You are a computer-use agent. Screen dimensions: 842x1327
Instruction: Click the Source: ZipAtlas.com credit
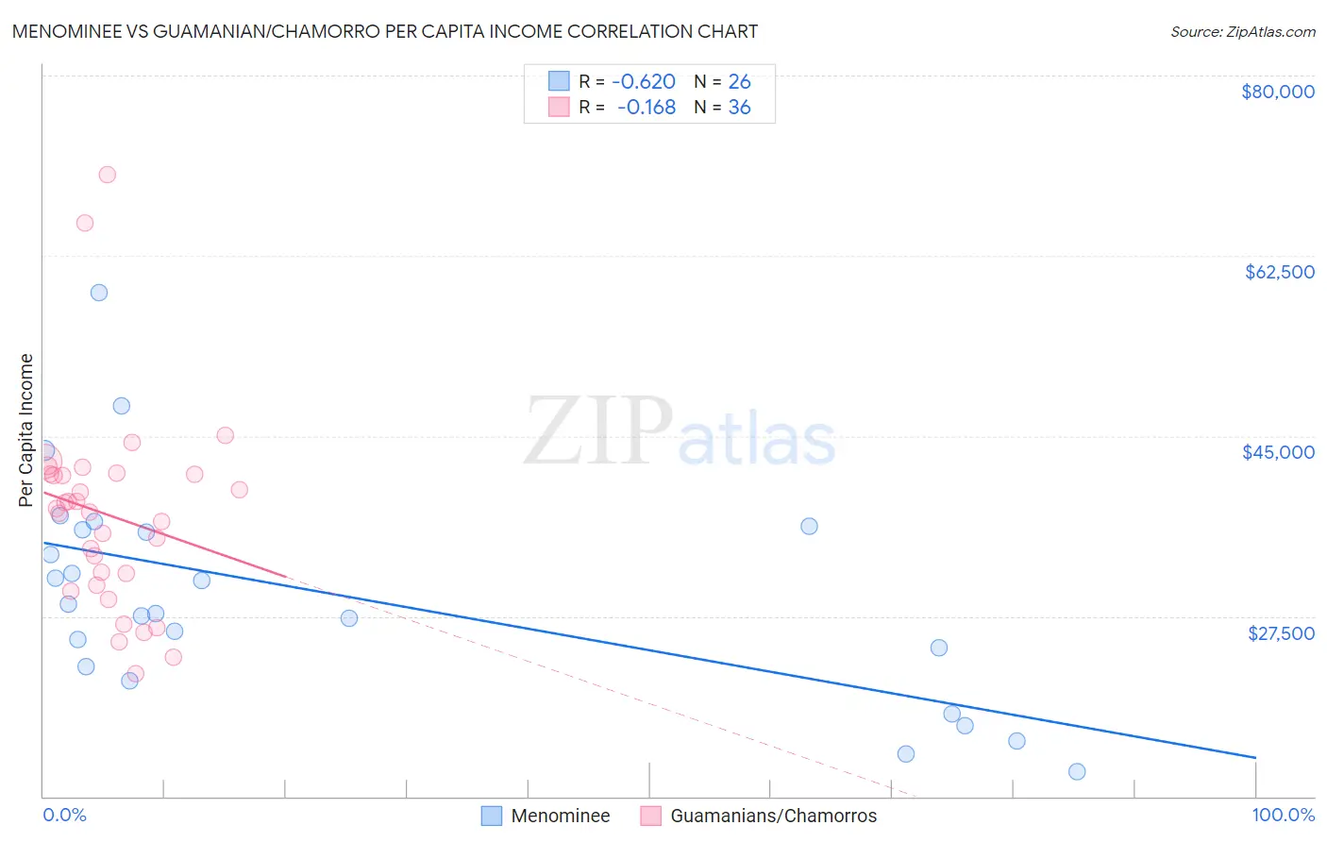[1242, 32]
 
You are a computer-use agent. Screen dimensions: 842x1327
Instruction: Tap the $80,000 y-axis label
[1277, 92]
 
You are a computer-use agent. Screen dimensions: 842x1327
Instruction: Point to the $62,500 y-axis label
[1279, 272]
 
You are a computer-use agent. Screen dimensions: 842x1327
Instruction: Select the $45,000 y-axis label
[1278, 452]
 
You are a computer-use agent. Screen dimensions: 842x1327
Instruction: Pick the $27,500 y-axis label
[1281, 632]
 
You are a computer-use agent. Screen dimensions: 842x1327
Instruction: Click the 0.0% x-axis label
[64, 815]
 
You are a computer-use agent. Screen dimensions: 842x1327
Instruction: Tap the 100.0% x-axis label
[1283, 815]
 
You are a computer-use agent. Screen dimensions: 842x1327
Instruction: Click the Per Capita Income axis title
[26, 429]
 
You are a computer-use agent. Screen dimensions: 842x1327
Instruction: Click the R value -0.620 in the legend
[644, 82]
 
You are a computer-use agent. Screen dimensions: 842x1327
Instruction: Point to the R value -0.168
[647, 108]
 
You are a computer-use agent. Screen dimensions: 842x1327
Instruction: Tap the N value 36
[739, 108]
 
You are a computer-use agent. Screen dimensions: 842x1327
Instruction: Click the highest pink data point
[108, 175]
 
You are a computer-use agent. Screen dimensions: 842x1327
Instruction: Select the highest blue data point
[99, 293]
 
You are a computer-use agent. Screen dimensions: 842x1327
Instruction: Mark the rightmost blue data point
[1077, 771]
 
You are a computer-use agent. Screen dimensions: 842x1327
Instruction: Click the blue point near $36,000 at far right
[809, 526]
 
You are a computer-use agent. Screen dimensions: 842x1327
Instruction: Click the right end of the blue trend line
[1255, 757]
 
